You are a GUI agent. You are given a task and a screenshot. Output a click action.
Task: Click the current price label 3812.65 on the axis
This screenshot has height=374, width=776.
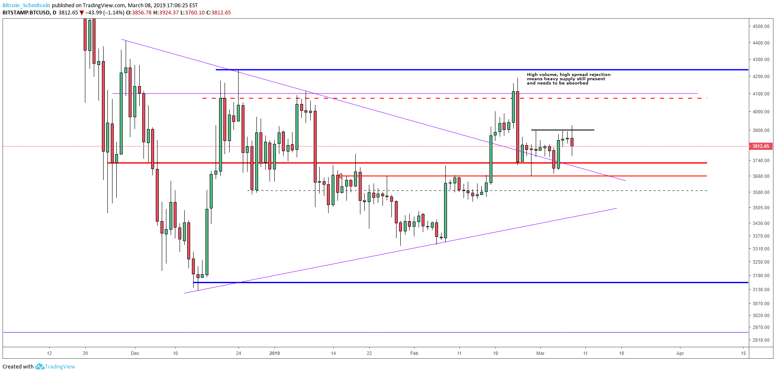coord(760,146)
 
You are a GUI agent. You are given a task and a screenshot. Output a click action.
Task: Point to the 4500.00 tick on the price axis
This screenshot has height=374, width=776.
coord(761,26)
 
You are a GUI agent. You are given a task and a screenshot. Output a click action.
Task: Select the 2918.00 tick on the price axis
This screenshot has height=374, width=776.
coord(761,340)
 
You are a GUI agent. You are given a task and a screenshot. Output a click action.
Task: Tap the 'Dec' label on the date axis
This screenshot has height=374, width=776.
coord(135,353)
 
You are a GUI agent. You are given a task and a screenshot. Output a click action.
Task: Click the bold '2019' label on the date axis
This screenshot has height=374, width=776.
coord(275,353)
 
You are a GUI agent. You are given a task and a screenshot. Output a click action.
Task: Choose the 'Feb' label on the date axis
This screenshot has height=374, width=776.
coord(414,353)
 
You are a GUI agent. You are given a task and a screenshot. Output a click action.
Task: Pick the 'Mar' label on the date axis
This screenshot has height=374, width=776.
coord(540,353)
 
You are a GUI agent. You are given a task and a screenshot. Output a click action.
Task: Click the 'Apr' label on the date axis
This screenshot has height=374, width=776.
coord(680,353)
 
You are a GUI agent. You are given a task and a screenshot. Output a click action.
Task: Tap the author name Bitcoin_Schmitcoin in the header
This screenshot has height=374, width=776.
coord(26,6)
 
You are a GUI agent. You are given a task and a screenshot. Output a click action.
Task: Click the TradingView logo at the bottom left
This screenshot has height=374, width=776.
coord(55,367)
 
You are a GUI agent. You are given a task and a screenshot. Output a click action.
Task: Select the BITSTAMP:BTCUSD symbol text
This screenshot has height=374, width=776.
coord(26,13)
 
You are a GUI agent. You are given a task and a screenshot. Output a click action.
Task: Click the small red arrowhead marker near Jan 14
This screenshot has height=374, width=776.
coord(340,176)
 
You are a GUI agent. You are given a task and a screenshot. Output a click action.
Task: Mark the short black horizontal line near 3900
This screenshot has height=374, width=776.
coord(562,130)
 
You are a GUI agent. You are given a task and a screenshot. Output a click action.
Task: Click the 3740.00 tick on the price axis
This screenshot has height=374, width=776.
coord(761,160)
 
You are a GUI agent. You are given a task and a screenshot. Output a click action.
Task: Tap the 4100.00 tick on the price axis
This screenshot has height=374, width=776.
coord(761,94)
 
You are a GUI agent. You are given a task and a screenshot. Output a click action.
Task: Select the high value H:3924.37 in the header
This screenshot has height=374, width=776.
coord(166,13)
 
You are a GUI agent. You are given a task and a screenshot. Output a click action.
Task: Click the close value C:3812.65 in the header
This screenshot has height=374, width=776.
coord(219,13)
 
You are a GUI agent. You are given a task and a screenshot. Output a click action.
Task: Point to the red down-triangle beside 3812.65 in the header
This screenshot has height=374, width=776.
coord(82,13)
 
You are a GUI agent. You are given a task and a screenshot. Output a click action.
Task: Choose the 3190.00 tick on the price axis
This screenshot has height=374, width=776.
coord(761,276)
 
